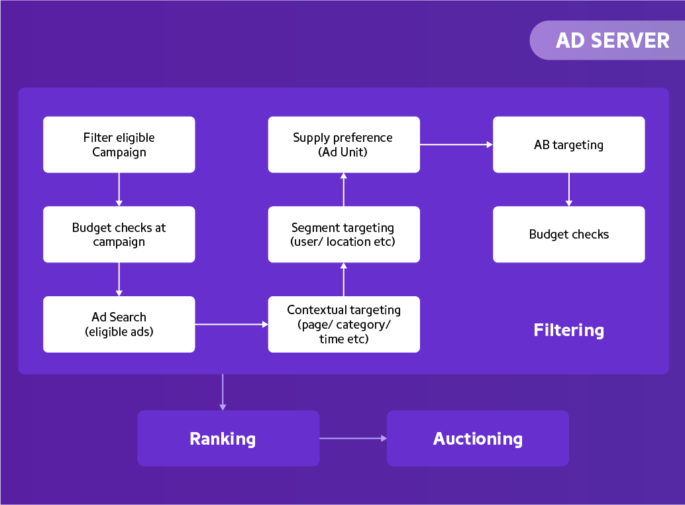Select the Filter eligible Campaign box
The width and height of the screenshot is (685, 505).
point(119,144)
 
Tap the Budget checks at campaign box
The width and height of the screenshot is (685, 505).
point(119,235)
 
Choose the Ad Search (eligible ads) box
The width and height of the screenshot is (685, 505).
point(119,324)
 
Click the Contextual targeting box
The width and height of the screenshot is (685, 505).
point(344,324)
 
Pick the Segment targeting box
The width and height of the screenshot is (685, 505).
point(344,235)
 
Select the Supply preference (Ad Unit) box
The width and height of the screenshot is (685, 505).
point(344,144)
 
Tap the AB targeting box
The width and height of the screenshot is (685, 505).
point(568,144)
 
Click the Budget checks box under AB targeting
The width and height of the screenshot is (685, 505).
point(568,235)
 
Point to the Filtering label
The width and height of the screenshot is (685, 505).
point(568,330)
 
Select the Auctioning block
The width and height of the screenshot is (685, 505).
point(478,438)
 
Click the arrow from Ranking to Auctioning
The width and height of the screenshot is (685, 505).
point(353,438)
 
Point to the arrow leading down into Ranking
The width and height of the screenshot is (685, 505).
point(223,392)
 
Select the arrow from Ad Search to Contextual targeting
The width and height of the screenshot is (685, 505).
point(231,324)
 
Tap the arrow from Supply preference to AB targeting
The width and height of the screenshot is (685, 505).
point(456,144)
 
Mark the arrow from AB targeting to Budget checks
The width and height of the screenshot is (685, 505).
point(568,190)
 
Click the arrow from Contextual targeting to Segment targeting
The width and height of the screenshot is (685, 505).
point(344,279)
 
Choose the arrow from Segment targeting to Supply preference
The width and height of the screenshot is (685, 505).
point(344,190)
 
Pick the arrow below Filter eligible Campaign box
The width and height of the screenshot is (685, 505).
point(119,190)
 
